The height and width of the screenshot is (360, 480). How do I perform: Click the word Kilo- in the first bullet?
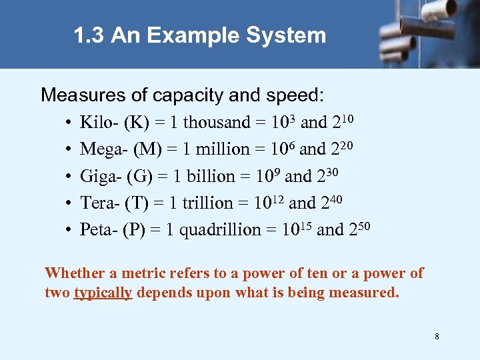tap(97, 123)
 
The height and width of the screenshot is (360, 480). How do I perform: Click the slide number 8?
tap(437, 337)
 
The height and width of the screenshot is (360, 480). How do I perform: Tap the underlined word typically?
tap(103, 293)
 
